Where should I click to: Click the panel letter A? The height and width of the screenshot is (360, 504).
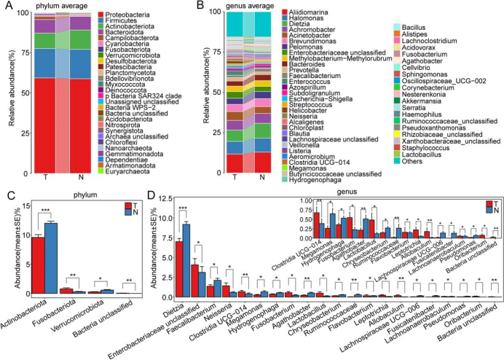click(7, 7)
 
